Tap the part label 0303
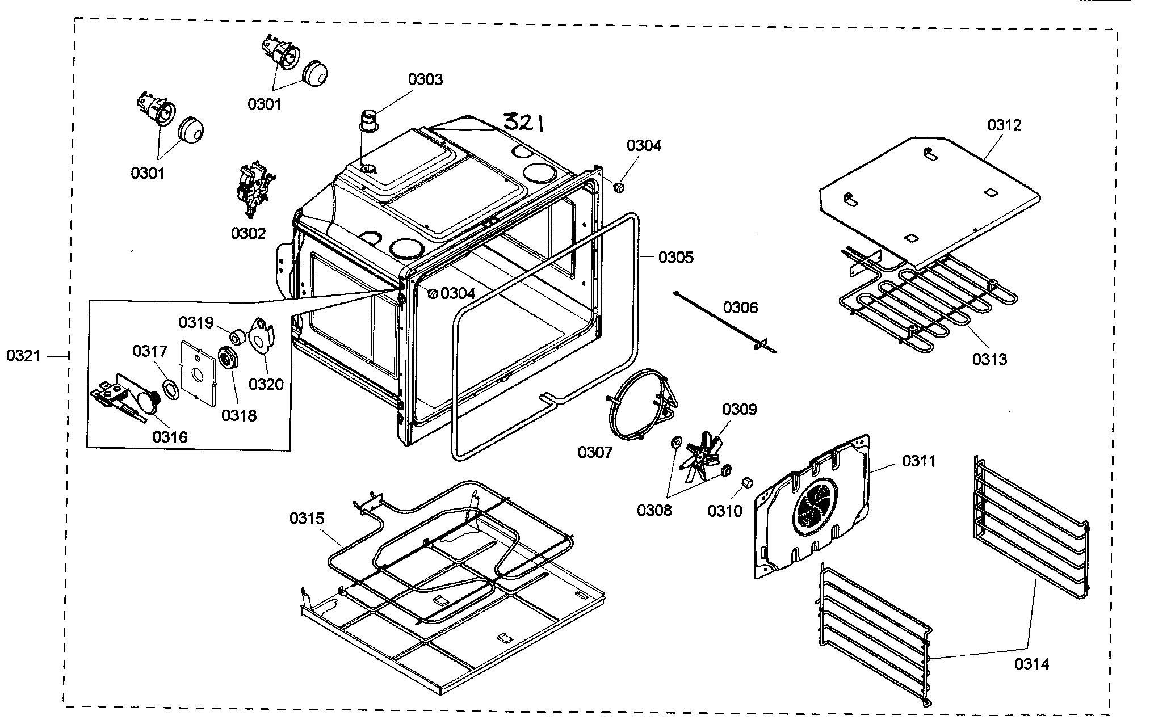(x=425, y=79)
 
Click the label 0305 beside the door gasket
(x=675, y=258)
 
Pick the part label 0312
(x=1004, y=125)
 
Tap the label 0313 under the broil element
(x=989, y=359)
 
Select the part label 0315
(x=307, y=518)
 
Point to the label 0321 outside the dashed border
(x=23, y=356)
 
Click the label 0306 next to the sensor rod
(x=740, y=308)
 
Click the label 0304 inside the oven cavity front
(x=458, y=293)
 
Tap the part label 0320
(x=266, y=385)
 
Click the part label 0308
(x=654, y=510)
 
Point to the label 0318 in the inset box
(x=238, y=415)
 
